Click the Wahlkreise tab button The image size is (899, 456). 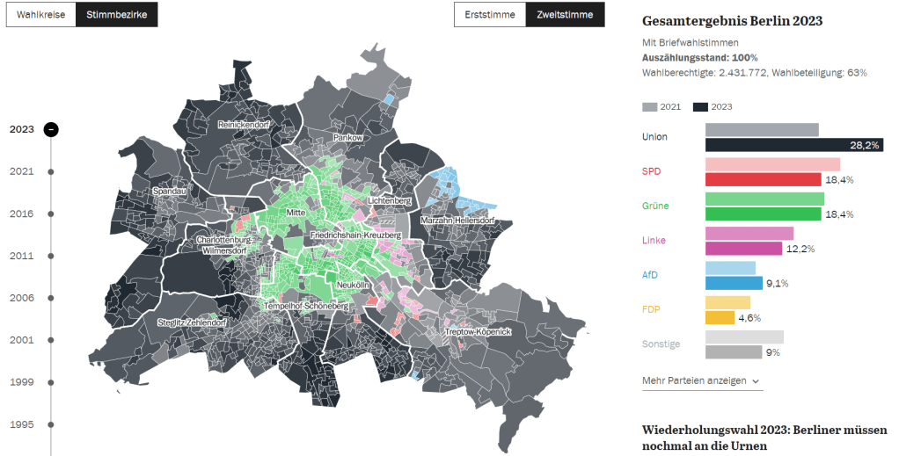(40, 15)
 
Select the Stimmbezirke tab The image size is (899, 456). (116, 15)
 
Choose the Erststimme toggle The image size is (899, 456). (489, 15)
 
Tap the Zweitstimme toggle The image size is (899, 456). (564, 15)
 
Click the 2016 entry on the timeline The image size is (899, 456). (22, 214)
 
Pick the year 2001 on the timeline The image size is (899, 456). (22, 340)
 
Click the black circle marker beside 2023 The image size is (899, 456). (51, 129)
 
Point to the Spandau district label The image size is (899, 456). (169, 191)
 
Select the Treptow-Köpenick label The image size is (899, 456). (478, 331)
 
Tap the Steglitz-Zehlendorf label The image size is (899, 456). (192, 323)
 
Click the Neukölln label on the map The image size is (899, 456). (352, 286)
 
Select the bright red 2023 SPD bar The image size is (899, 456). (763, 179)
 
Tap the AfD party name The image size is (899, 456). (650, 275)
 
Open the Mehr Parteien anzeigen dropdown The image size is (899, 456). (702, 380)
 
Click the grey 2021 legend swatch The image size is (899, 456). (650, 107)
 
